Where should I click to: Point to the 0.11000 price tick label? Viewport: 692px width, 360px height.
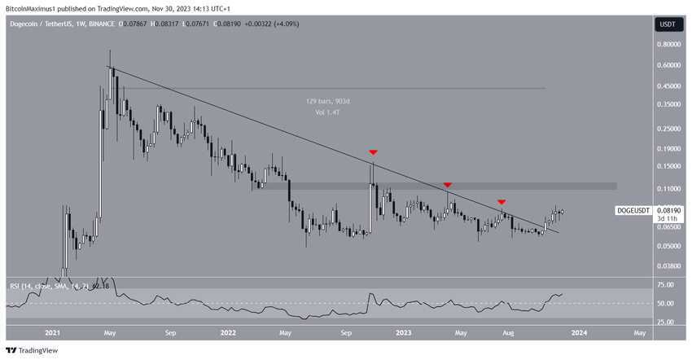pyautogui.click(x=670, y=187)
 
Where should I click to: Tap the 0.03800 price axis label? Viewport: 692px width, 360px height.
pyautogui.click(x=670, y=266)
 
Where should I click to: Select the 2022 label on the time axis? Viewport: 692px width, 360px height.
pyautogui.click(x=228, y=332)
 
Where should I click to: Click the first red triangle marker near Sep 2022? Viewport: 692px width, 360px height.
pyautogui.click(x=373, y=152)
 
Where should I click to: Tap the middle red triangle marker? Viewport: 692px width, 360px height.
pyautogui.click(x=447, y=186)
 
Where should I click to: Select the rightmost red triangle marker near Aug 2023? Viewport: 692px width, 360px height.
pyautogui.click(x=502, y=201)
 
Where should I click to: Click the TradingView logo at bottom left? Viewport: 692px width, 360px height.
pyautogui.click(x=30, y=350)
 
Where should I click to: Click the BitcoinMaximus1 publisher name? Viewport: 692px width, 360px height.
pyautogui.click(x=30, y=7)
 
